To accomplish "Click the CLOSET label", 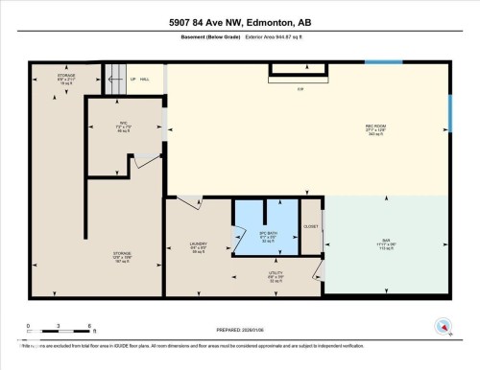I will (311, 226).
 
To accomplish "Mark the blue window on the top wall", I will (383, 64).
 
